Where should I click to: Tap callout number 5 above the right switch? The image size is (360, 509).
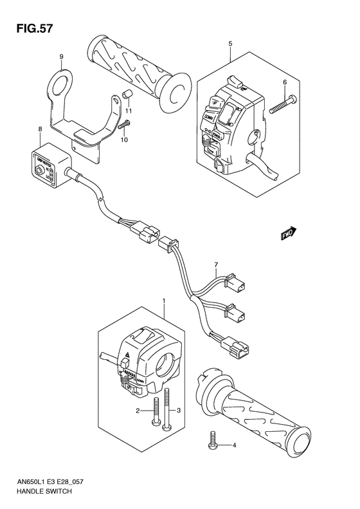click(x=230, y=44)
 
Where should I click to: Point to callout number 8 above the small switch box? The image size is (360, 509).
click(x=40, y=129)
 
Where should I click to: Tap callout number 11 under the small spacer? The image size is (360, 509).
click(x=128, y=111)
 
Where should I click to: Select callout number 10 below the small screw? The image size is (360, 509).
click(x=124, y=140)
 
